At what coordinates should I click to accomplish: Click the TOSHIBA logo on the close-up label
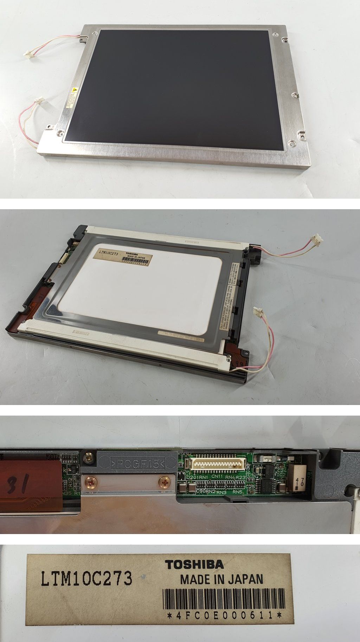pyautogui.click(x=194, y=564)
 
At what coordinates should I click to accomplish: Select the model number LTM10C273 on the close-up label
pyautogui.click(x=86, y=579)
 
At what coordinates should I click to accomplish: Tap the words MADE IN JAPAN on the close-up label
pyautogui.click(x=221, y=579)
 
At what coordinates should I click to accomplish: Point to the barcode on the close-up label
pyautogui.click(x=224, y=599)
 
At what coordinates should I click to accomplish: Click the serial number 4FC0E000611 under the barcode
pyautogui.click(x=225, y=615)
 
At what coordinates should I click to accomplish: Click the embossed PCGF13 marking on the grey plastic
pyautogui.click(x=137, y=463)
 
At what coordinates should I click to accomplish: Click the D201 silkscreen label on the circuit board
pyautogui.click(x=192, y=477)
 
